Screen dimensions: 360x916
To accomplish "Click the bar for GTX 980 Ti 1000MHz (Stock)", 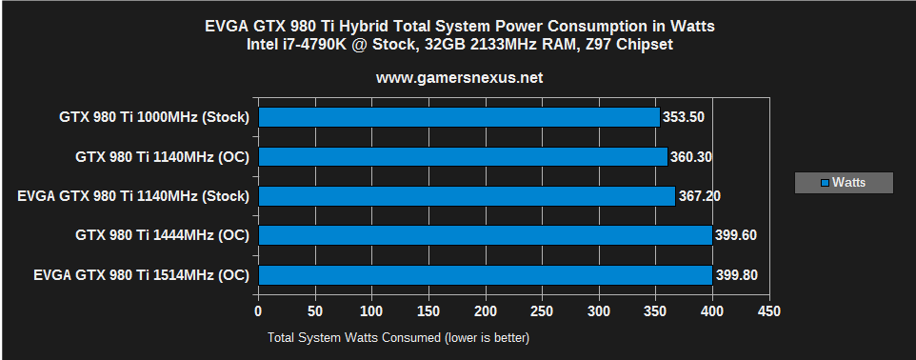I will tap(458, 117).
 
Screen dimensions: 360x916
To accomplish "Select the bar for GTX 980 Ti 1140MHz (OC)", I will tap(462, 157).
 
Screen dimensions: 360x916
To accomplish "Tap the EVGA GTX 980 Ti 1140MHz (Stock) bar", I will tap(466, 196).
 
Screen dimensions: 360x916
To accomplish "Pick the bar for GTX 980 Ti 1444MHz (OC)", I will tap(485, 235).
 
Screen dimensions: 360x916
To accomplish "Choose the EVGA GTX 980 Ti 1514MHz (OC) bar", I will tap(485, 275).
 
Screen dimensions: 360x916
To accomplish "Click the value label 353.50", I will tap(685, 117).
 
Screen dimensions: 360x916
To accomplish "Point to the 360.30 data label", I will tap(692, 157).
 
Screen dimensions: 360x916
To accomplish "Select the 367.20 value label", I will tap(700, 196).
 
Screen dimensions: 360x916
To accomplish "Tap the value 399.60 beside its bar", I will tap(737, 235).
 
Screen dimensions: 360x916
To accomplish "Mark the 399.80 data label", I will tap(737, 275).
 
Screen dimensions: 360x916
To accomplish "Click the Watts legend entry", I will tap(844, 183).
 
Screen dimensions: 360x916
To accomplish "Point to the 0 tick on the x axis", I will tap(258, 311).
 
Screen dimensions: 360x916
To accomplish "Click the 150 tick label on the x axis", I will tap(428, 311).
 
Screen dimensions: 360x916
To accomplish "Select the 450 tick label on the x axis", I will tap(769, 311).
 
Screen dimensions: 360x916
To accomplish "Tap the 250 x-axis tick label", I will tap(542, 311).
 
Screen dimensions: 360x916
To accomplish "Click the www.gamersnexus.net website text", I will tap(459, 78).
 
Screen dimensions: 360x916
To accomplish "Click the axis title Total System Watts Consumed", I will tap(398, 337).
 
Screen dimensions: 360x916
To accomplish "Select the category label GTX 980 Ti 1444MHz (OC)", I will tap(162, 235).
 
